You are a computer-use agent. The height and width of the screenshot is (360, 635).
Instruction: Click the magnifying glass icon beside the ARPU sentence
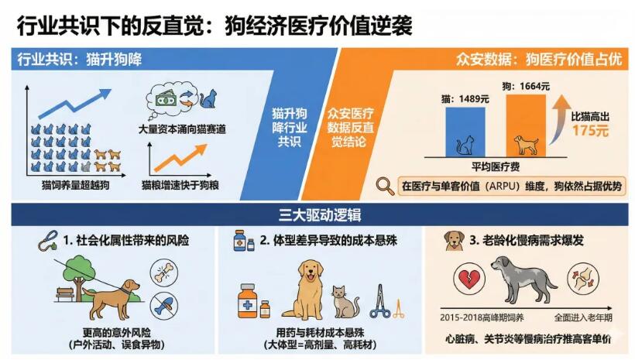[x=385, y=186]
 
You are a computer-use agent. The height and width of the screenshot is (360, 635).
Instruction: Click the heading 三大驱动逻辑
[x=317, y=214]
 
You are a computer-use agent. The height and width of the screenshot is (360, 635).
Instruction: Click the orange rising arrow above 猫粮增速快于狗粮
[x=180, y=159]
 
